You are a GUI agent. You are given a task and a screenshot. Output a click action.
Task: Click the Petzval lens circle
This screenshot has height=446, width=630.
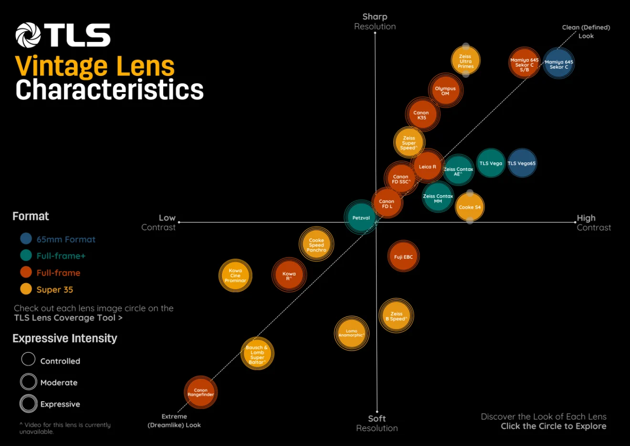[361, 218]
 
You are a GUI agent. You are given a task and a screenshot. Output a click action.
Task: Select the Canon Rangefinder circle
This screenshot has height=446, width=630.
[201, 392]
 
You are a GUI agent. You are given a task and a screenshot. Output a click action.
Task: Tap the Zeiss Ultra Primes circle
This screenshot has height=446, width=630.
[465, 61]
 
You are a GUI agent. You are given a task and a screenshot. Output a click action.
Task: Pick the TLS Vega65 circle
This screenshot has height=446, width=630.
[522, 163]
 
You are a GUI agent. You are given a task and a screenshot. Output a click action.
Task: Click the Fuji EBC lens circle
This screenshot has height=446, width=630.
[403, 257]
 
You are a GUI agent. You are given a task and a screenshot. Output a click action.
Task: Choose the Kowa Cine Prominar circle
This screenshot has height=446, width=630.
[235, 276]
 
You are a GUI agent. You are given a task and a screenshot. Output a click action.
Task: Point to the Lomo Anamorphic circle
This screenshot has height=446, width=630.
[351, 333]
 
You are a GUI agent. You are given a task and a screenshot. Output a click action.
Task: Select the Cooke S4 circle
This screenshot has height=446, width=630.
[470, 207]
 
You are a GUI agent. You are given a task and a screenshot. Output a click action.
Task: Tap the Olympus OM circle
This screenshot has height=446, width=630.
[445, 91]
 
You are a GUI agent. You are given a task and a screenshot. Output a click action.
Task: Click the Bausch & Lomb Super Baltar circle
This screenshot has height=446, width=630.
[257, 354]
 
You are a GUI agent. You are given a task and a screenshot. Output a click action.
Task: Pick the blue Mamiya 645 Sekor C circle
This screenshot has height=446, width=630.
[558, 64]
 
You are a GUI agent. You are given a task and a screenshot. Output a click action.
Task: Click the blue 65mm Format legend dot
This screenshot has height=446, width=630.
[26, 239]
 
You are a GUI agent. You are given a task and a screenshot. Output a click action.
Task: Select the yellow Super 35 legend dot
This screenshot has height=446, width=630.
[26, 289]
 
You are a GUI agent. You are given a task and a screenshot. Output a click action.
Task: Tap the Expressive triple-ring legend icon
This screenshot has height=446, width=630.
[29, 404]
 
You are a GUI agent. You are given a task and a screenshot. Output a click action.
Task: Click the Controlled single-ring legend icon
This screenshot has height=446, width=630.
[29, 359]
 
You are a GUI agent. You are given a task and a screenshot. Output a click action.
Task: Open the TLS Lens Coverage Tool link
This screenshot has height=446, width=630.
[68, 318]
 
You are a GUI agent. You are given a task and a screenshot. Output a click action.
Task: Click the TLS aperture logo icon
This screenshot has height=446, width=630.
[28, 35]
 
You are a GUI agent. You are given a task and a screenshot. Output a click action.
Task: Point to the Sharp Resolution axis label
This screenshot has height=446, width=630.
[375, 21]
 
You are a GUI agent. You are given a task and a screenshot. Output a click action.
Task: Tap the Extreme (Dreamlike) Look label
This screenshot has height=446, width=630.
[174, 421]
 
